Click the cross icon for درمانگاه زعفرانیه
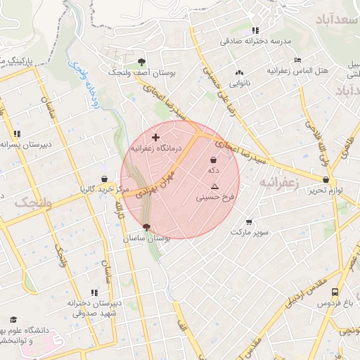click(155, 136)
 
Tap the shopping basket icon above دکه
click(213, 160)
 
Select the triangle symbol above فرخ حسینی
click(214, 186)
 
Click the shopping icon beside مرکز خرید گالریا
click(105, 179)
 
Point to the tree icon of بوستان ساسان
click(146, 227)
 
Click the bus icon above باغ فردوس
click(335, 292)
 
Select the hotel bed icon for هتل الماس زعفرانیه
click(297, 60)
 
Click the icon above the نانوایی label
click(240, 72)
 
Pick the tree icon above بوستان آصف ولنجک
click(142, 61)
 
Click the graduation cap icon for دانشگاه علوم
click(13, 319)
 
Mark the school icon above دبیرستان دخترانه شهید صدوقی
click(94, 292)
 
